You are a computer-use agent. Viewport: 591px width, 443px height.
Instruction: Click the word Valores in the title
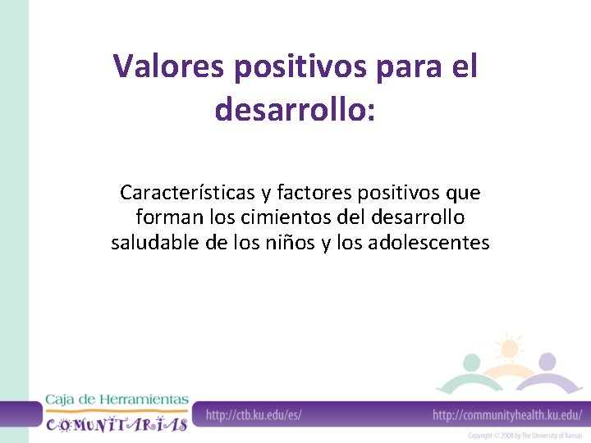169,66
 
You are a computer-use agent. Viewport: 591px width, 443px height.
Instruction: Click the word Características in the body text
187,194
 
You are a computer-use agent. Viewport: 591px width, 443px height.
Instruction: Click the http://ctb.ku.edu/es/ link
254,415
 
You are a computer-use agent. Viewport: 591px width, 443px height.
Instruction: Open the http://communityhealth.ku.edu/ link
507,415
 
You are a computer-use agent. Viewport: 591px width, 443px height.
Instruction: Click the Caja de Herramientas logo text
116,400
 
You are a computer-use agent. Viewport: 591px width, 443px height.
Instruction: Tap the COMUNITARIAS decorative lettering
116,423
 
